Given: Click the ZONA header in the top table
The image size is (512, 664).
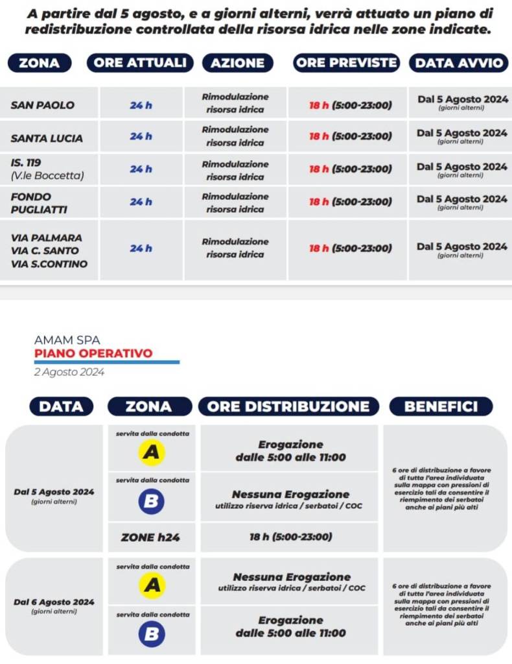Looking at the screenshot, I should click(40, 63).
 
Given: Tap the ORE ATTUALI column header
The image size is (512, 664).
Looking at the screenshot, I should click(140, 63).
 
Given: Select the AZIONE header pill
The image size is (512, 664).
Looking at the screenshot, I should click(238, 63).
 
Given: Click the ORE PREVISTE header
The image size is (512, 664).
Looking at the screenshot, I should click(346, 63).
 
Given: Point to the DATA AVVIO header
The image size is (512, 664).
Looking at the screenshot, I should click(459, 63).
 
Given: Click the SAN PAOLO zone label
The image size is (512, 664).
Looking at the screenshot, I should click(43, 105).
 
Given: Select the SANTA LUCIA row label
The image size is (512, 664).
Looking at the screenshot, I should click(47, 138).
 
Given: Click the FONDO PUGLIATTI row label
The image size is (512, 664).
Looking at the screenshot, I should click(39, 203).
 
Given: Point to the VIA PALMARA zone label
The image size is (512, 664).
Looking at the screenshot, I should click(47, 238).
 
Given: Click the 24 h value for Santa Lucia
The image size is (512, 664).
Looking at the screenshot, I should click(141, 136).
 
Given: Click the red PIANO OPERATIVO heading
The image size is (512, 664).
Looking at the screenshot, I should click(93, 354).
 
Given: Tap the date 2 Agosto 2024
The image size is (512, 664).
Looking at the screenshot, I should click(69, 373).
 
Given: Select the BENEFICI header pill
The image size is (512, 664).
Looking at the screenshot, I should click(441, 407).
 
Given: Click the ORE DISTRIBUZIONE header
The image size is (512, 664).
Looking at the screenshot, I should click(288, 407).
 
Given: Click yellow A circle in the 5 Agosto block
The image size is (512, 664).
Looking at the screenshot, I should click(152, 453).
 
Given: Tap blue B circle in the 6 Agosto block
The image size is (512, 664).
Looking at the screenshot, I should click(152, 633).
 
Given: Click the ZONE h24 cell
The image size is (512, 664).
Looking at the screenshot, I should click(152, 537).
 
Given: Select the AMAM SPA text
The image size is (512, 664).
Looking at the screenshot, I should click(67, 339).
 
